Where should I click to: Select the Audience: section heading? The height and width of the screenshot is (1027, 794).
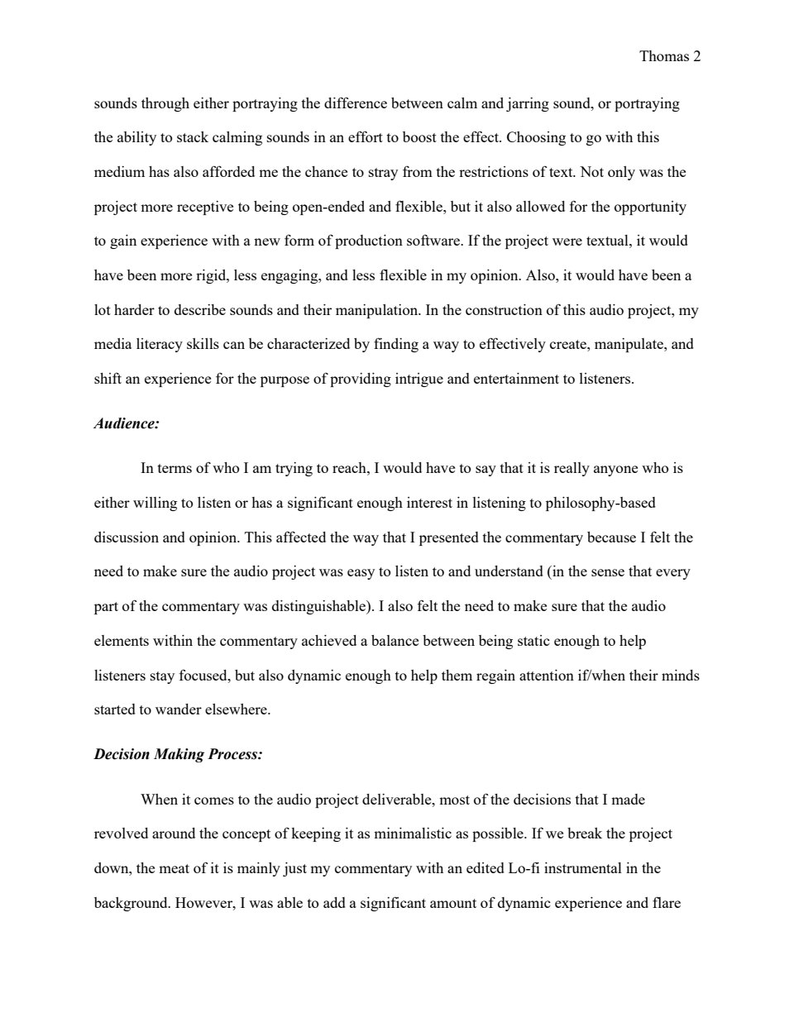[x=127, y=423]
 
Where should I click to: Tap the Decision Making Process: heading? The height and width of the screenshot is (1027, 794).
[x=178, y=754]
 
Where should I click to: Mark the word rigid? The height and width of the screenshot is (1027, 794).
[x=210, y=275]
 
